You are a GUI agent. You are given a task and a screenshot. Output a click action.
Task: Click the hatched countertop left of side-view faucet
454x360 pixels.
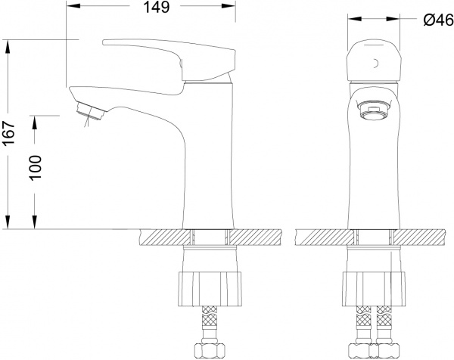click(161, 238)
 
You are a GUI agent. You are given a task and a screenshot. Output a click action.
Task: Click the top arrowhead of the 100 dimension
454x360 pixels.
click(35, 120)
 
